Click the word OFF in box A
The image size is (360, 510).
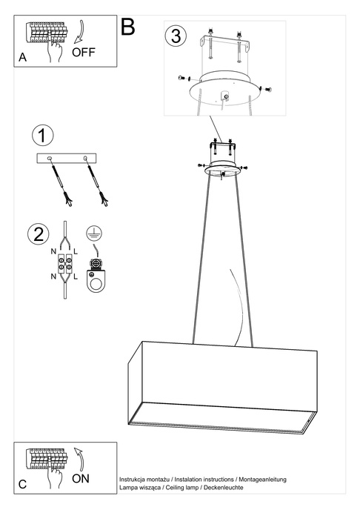(x=84, y=53)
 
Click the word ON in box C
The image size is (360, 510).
(x=81, y=478)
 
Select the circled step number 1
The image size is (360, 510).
(x=44, y=136)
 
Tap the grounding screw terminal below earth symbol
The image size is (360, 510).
(x=95, y=264)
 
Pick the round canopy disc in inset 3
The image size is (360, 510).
(x=224, y=92)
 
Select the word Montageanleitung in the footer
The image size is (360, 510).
(x=257, y=480)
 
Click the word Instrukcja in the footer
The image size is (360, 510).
(x=133, y=480)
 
